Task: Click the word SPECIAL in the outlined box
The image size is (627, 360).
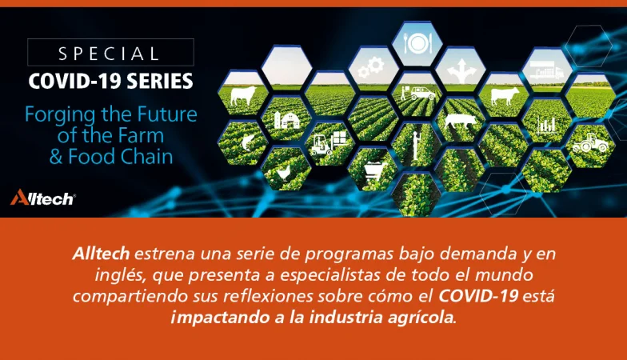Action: point(109,54)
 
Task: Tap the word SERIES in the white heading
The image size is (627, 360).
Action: point(160,82)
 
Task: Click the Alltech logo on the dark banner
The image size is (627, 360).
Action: point(43,197)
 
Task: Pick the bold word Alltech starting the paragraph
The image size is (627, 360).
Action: point(101,254)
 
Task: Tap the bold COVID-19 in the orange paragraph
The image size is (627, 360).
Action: point(478,296)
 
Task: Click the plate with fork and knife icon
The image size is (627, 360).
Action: point(417,42)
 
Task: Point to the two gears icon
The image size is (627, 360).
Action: point(371,67)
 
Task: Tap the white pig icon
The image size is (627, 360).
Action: point(461,120)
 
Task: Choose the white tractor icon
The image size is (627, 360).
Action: point(590,144)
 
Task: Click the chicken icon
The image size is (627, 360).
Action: point(284,173)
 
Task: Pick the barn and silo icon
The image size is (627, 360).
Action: point(286,120)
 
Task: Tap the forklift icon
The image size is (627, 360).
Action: point(328,143)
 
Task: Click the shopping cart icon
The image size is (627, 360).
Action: point(373,171)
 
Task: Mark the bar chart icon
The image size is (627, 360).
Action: point(547,126)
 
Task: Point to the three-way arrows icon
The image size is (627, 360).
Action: point(461,70)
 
